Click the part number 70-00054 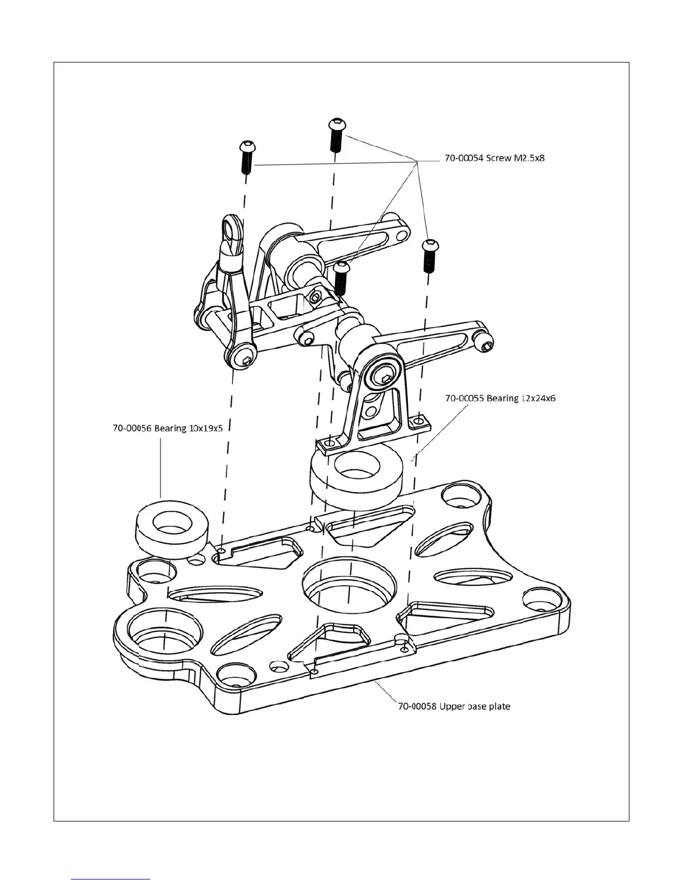pos(464,158)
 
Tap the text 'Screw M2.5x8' pos(515,158)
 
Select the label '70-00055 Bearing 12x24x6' pos(500,398)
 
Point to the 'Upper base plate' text pos(475,706)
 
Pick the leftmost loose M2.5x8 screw pos(246,156)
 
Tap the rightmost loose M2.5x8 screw pos(429,255)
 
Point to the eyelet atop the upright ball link pos(230,227)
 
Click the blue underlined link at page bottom pos(111,878)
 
